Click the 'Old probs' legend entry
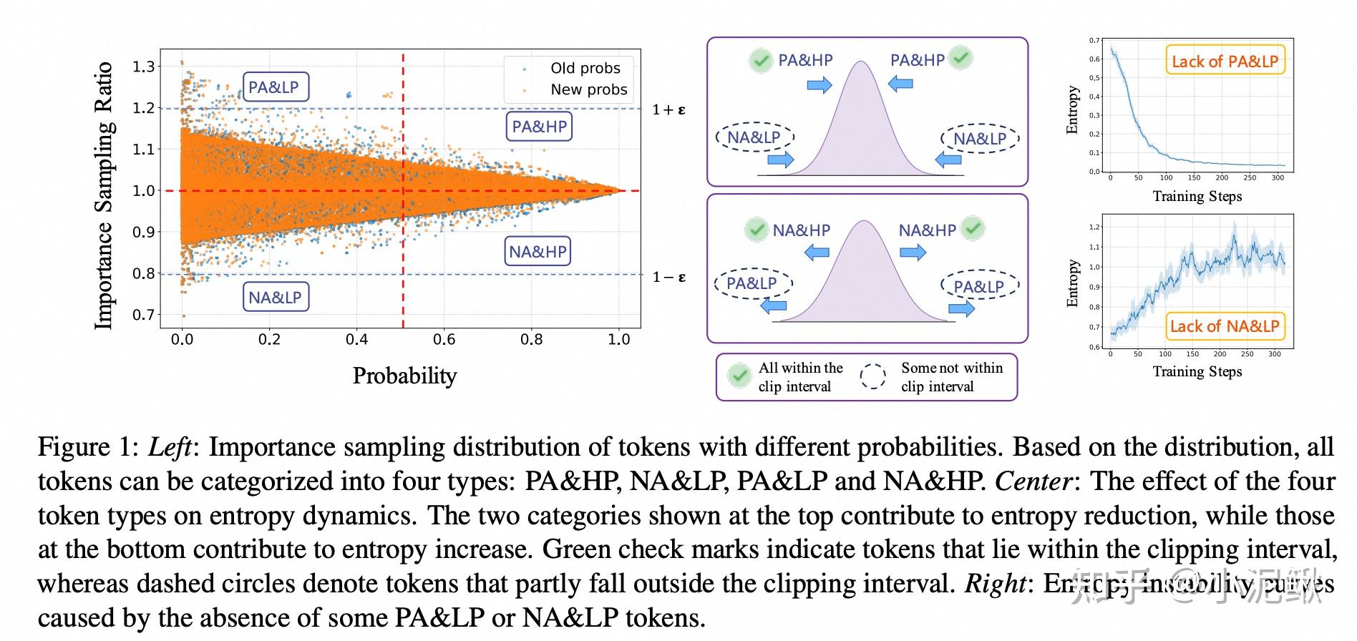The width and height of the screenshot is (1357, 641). (x=585, y=68)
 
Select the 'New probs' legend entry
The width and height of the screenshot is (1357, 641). (x=588, y=89)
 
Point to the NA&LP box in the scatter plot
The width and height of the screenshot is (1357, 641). (x=276, y=297)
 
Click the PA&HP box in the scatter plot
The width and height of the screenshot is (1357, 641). (x=539, y=127)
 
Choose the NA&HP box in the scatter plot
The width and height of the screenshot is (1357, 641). (x=538, y=252)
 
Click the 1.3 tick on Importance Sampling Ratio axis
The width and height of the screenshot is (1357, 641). (x=143, y=67)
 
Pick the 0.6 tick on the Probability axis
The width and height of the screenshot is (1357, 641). (x=444, y=339)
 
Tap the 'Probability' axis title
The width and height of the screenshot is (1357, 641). (x=404, y=376)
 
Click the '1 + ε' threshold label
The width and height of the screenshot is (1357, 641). (x=668, y=109)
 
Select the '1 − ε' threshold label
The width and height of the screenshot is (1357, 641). (x=668, y=277)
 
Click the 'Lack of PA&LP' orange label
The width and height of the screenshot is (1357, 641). (x=1225, y=62)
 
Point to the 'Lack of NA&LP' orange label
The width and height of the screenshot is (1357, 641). (x=1224, y=326)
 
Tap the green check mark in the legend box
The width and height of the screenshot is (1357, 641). (x=738, y=376)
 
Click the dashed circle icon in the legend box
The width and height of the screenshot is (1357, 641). (x=873, y=376)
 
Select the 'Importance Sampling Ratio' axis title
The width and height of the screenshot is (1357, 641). (x=104, y=195)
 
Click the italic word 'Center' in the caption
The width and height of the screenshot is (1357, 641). (x=1032, y=481)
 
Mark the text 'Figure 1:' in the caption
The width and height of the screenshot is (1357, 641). (x=87, y=447)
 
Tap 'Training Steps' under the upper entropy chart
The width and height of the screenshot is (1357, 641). (x=1197, y=196)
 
